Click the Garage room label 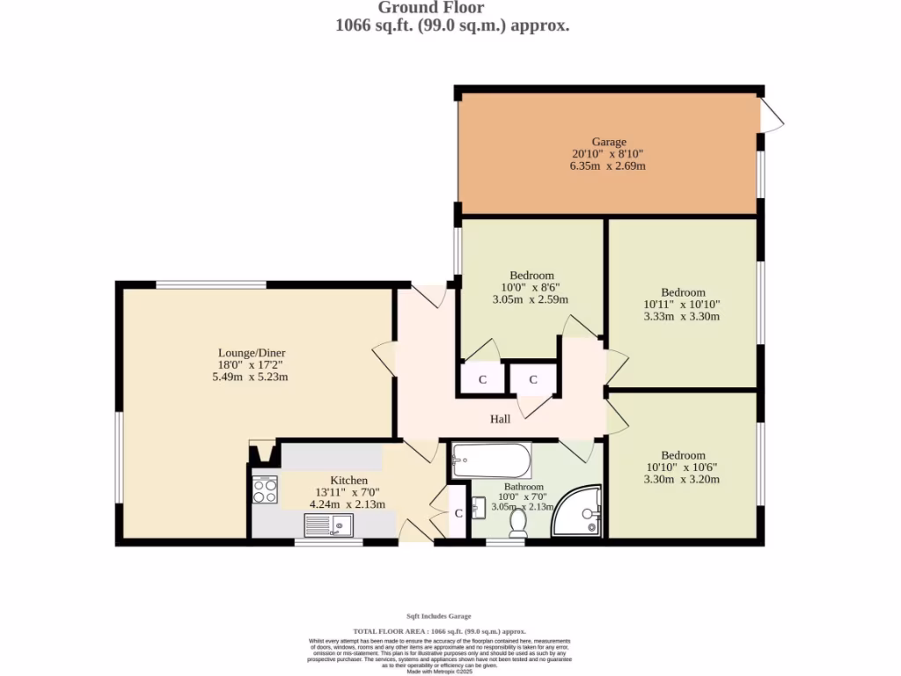pyautogui.click(x=608, y=142)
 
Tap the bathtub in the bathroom pyautogui.click(x=491, y=459)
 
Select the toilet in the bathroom pyautogui.click(x=518, y=524)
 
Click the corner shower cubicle pyautogui.click(x=580, y=512)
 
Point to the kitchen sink pyautogui.click(x=328, y=525)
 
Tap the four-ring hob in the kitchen pyautogui.click(x=265, y=489)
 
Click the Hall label pyautogui.click(x=500, y=419)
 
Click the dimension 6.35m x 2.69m pyautogui.click(x=608, y=165)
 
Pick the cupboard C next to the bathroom pyautogui.click(x=458, y=514)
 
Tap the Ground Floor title pyautogui.click(x=431, y=8)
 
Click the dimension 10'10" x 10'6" pyautogui.click(x=683, y=467)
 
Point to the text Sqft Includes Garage pyautogui.click(x=444, y=616)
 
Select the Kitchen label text pyautogui.click(x=348, y=480)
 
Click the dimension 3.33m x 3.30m pyautogui.click(x=683, y=316)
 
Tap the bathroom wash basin pyautogui.click(x=478, y=509)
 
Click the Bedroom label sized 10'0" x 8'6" pyautogui.click(x=531, y=276)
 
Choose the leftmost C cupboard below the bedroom pyautogui.click(x=482, y=380)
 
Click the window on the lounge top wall pyautogui.click(x=211, y=284)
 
